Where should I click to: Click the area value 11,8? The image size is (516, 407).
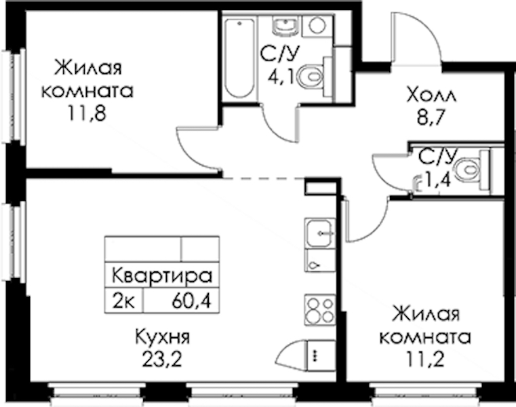coord(87,113)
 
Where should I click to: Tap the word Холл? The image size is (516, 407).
coord(431,95)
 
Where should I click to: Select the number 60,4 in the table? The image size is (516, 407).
coord(191,301)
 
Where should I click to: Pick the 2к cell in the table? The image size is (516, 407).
coord(123,301)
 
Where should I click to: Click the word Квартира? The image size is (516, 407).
coord(162,276)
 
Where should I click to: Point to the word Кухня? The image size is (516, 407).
coord(162,338)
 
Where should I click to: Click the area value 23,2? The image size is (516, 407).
coord(162,360)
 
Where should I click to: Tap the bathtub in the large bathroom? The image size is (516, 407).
coord(239,58)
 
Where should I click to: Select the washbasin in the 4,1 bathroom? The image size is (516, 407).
coord(285,25)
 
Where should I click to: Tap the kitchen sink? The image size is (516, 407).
coord(320,233)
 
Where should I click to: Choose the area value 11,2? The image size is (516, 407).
coord(425,360)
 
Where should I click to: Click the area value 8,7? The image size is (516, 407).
coord(431,117)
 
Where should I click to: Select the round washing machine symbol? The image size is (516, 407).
coord(317,25)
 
